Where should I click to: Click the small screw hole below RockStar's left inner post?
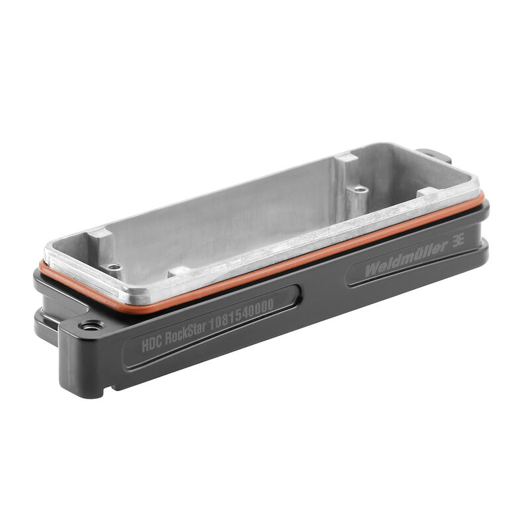point(116,268)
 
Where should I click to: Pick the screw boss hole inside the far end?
point(359,189)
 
